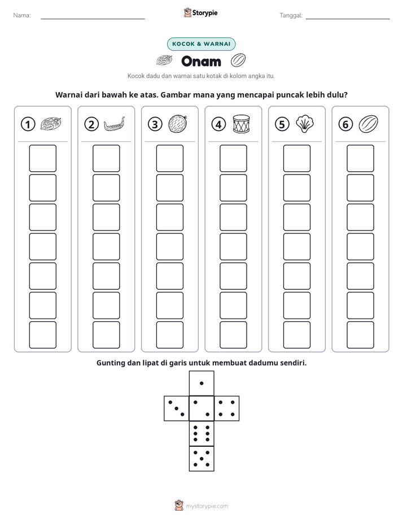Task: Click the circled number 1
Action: point(28,124)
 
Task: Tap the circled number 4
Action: point(218,124)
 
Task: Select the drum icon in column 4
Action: point(241,124)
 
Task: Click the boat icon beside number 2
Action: point(114,124)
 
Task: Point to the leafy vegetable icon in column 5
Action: point(305,124)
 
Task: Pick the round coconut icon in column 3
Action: point(178,124)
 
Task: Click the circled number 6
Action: point(345,124)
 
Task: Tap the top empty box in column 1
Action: point(42,158)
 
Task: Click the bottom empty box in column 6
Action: point(360,335)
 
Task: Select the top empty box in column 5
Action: point(296,158)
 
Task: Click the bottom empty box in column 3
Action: point(169,335)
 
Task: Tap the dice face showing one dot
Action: point(201,383)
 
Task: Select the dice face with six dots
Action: point(201,433)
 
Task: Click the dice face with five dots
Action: point(201,459)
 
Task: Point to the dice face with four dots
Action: point(227,408)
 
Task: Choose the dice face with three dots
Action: point(177,408)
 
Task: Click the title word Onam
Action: point(201,61)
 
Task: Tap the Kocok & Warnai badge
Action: point(201,44)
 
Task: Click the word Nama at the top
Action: point(22,15)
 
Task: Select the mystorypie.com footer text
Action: point(207,506)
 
